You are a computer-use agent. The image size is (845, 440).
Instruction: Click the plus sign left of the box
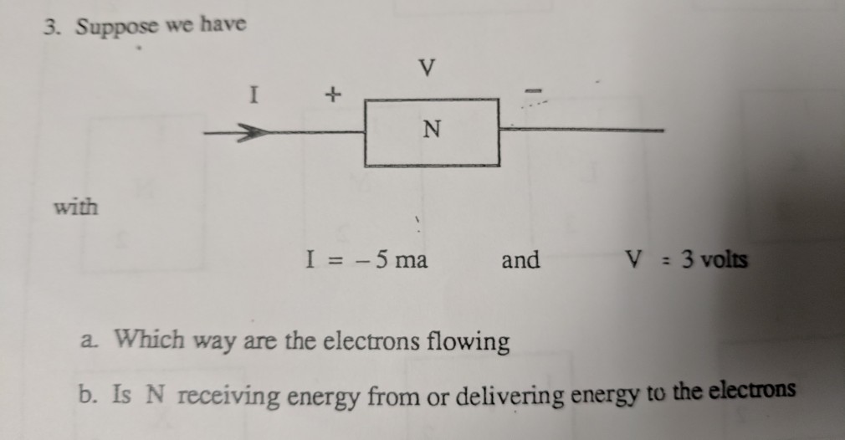334,97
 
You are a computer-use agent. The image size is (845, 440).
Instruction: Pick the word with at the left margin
75,206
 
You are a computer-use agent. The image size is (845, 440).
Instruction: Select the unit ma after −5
411,260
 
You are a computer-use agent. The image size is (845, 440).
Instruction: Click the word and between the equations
520,260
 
